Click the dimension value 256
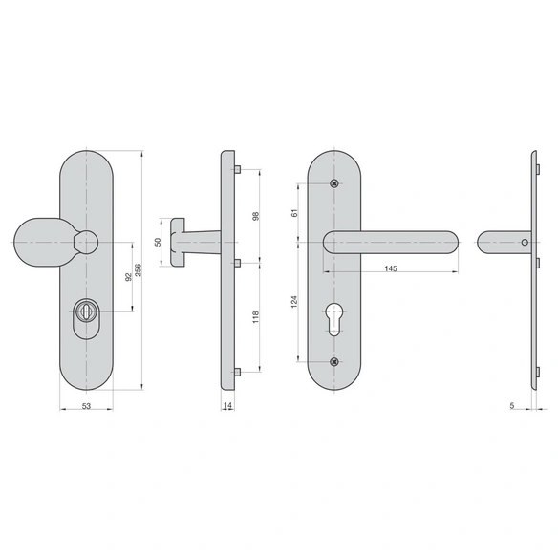[x=139, y=270]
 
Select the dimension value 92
[x=128, y=276]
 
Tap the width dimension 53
[x=87, y=406]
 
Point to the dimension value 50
[x=158, y=242]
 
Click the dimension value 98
[x=255, y=216]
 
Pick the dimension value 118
[x=255, y=316]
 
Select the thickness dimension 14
[x=227, y=406]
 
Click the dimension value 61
[x=294, y=213]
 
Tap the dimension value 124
[x=294, y=302]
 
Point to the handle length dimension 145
[x=391, y=268]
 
